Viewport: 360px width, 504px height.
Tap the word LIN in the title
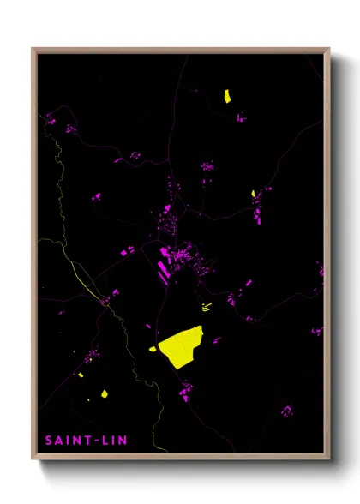(112, 441)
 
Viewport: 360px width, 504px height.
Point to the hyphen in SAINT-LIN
(94, 441)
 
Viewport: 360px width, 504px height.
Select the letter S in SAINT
(49, 441)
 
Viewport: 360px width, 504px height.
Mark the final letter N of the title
(122, 441)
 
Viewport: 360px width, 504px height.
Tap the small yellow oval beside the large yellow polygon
(153, 348)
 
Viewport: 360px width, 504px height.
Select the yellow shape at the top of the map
(227, 96)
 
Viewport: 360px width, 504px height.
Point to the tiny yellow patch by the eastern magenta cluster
(254, 193)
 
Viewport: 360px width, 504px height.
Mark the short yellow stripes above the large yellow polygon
(206, 306)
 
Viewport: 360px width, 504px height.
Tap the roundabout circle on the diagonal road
(105, 301)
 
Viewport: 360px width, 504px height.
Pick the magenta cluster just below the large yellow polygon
(186, 392)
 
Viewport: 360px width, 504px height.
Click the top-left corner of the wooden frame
(33, 50)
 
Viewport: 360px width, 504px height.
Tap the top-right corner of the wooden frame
(329, 50)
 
